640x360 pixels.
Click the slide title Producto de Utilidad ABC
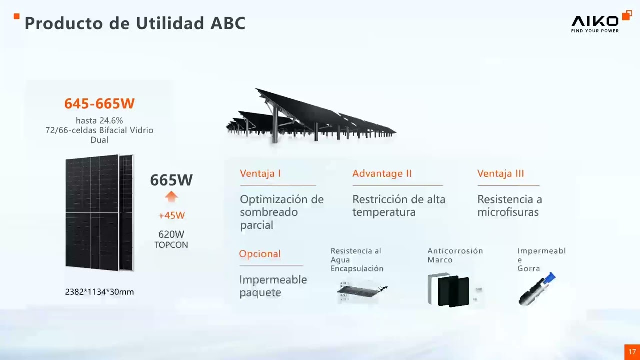(135, 23)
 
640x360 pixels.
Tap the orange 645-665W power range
(99, 103)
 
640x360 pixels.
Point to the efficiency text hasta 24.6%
(99, 120)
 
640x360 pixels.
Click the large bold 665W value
(171, 180)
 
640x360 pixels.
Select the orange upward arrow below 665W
(171, 196)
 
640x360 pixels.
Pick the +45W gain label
(171, 215)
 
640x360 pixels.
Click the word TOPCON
(171, 245)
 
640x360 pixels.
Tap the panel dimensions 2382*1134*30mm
(99, 292)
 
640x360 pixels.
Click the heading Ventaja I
(260, 173)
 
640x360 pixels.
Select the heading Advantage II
(382, 173)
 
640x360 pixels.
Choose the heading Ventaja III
(500, 173)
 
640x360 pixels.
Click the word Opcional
(260, 254)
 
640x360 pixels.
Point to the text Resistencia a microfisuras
(509, 205)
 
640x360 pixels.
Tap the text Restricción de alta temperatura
(398, 205)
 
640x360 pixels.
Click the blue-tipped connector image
(537, 289)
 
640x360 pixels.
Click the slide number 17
(632, 352)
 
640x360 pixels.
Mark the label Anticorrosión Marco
(455, 255)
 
